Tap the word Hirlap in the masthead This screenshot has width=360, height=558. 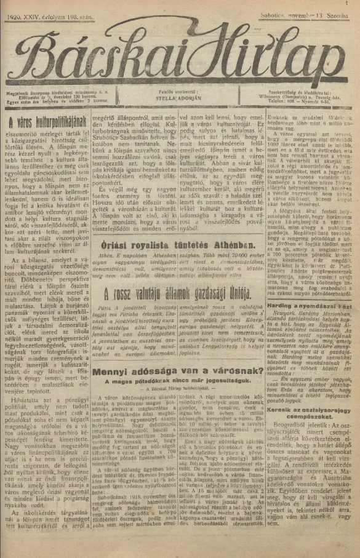[x=280, y=58]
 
